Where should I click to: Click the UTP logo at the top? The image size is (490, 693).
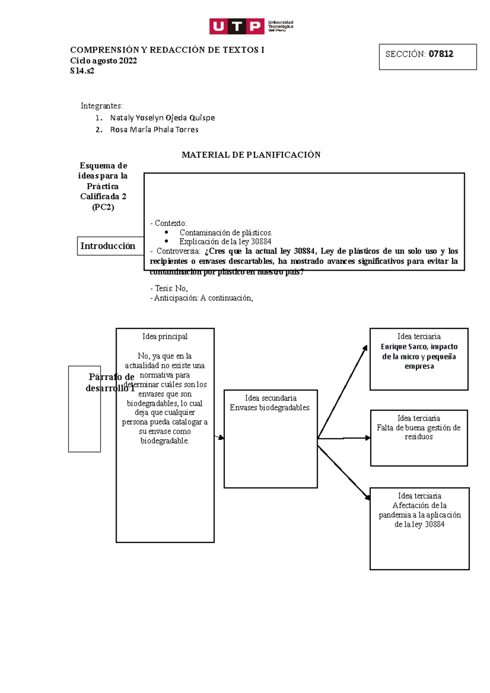251,27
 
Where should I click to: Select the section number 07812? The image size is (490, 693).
441,54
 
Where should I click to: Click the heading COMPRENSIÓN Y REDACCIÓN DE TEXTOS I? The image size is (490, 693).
167,50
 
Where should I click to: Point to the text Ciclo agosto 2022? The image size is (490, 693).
103,61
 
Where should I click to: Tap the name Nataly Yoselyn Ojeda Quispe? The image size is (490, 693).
162,118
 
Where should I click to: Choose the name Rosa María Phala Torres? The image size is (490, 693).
154,130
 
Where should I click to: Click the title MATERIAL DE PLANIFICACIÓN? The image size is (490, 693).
251,155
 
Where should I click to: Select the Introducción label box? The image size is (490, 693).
108,246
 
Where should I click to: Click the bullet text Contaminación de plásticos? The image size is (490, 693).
225,233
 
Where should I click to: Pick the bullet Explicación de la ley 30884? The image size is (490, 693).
225,242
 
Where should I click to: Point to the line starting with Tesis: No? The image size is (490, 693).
169,289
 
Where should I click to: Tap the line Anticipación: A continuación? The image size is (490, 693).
202,298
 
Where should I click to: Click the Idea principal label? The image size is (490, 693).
165,337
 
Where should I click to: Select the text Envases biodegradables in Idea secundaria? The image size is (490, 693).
270,408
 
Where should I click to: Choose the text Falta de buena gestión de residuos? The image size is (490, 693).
419,432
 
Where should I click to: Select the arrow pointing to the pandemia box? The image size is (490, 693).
344,472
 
